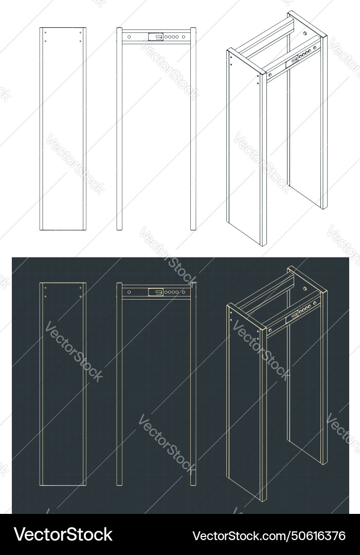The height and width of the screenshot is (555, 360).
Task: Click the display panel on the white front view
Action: [x=155, y=36]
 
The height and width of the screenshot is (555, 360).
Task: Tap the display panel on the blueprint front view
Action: [x=155, y=292]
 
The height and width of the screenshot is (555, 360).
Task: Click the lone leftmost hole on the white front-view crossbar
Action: [x=129, y=36]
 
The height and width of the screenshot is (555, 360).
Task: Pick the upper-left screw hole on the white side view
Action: [x=45, y=33]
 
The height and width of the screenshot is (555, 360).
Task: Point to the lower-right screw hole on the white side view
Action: [x=81, y=41]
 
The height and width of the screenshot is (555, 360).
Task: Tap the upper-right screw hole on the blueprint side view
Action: [x=81, y=288]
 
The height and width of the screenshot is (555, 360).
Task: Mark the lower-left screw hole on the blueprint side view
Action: [x=45, y=297]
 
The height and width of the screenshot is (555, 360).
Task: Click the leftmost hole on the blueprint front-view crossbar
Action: [x=129, y=292]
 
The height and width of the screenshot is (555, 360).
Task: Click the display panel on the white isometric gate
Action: [x=292, y=61]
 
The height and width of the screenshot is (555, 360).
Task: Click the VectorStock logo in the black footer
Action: [x=63, y=534]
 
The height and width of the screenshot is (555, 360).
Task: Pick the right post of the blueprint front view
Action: [x=193, y=385]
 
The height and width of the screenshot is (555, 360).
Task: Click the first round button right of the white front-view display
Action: [x=167, y=36]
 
